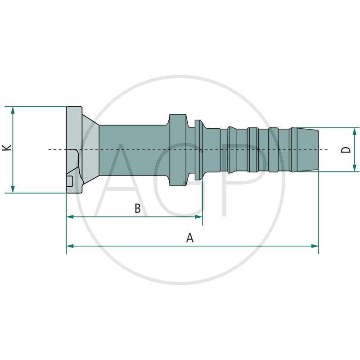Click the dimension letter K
click(x=6, y=148)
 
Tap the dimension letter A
click(x=190, y=238)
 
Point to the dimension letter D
click(x=346, y=149)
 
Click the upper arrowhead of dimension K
click(x=13, y=110)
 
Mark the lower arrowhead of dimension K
click(x=13, y=189)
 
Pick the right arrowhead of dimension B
click(x=199, y=216)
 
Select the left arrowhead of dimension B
click(x=70, y=216)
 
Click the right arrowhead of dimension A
click(x=315, y=246)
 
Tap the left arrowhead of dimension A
click(x=70, y=246)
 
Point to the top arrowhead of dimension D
click(x=355, y=131)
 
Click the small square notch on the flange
click(x=70, y=181)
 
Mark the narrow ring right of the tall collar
click(x=198, y=149)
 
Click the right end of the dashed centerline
click(x=327, y=149)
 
